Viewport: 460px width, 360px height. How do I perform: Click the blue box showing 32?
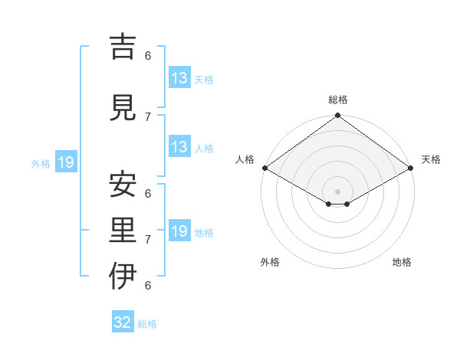[x=123, y=322]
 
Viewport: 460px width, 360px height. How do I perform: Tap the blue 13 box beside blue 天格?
[x=179, y=78]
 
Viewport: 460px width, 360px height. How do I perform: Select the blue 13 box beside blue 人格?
[x=179, y=147]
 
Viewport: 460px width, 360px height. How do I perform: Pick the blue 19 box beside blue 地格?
[x=179, y=231]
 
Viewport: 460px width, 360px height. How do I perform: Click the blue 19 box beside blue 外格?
[x=65, y=162]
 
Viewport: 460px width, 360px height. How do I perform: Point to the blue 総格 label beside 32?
[x=147, y=324]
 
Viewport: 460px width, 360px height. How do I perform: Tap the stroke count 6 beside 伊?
[x=148, y=285]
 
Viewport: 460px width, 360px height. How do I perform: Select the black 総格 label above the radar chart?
[x=338, y=100]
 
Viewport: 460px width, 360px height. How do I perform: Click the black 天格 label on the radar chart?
[x=431, y=159]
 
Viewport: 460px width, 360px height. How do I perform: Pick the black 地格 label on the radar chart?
[x=402, y=262]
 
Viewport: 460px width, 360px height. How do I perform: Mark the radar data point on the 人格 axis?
[x=264, y=168]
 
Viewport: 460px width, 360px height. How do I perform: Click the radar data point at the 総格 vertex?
[x=337, y=116]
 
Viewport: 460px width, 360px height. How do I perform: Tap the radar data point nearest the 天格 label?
[x=410, y=168]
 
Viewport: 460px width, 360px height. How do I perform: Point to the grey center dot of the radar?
[x=337, y=190]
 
